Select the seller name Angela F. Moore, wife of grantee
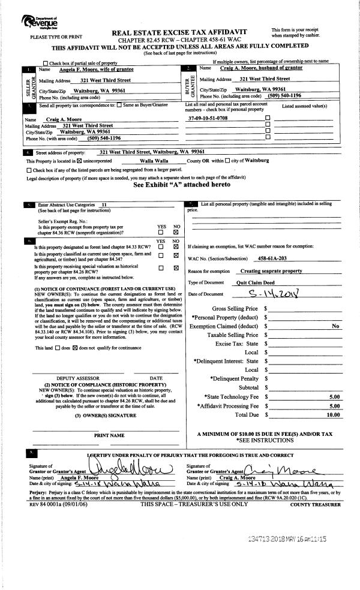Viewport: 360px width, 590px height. point(92,70)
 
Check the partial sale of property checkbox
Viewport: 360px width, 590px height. point(46,62)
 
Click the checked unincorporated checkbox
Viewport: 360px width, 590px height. point(78,161)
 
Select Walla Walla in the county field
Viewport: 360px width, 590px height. point(155,161)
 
